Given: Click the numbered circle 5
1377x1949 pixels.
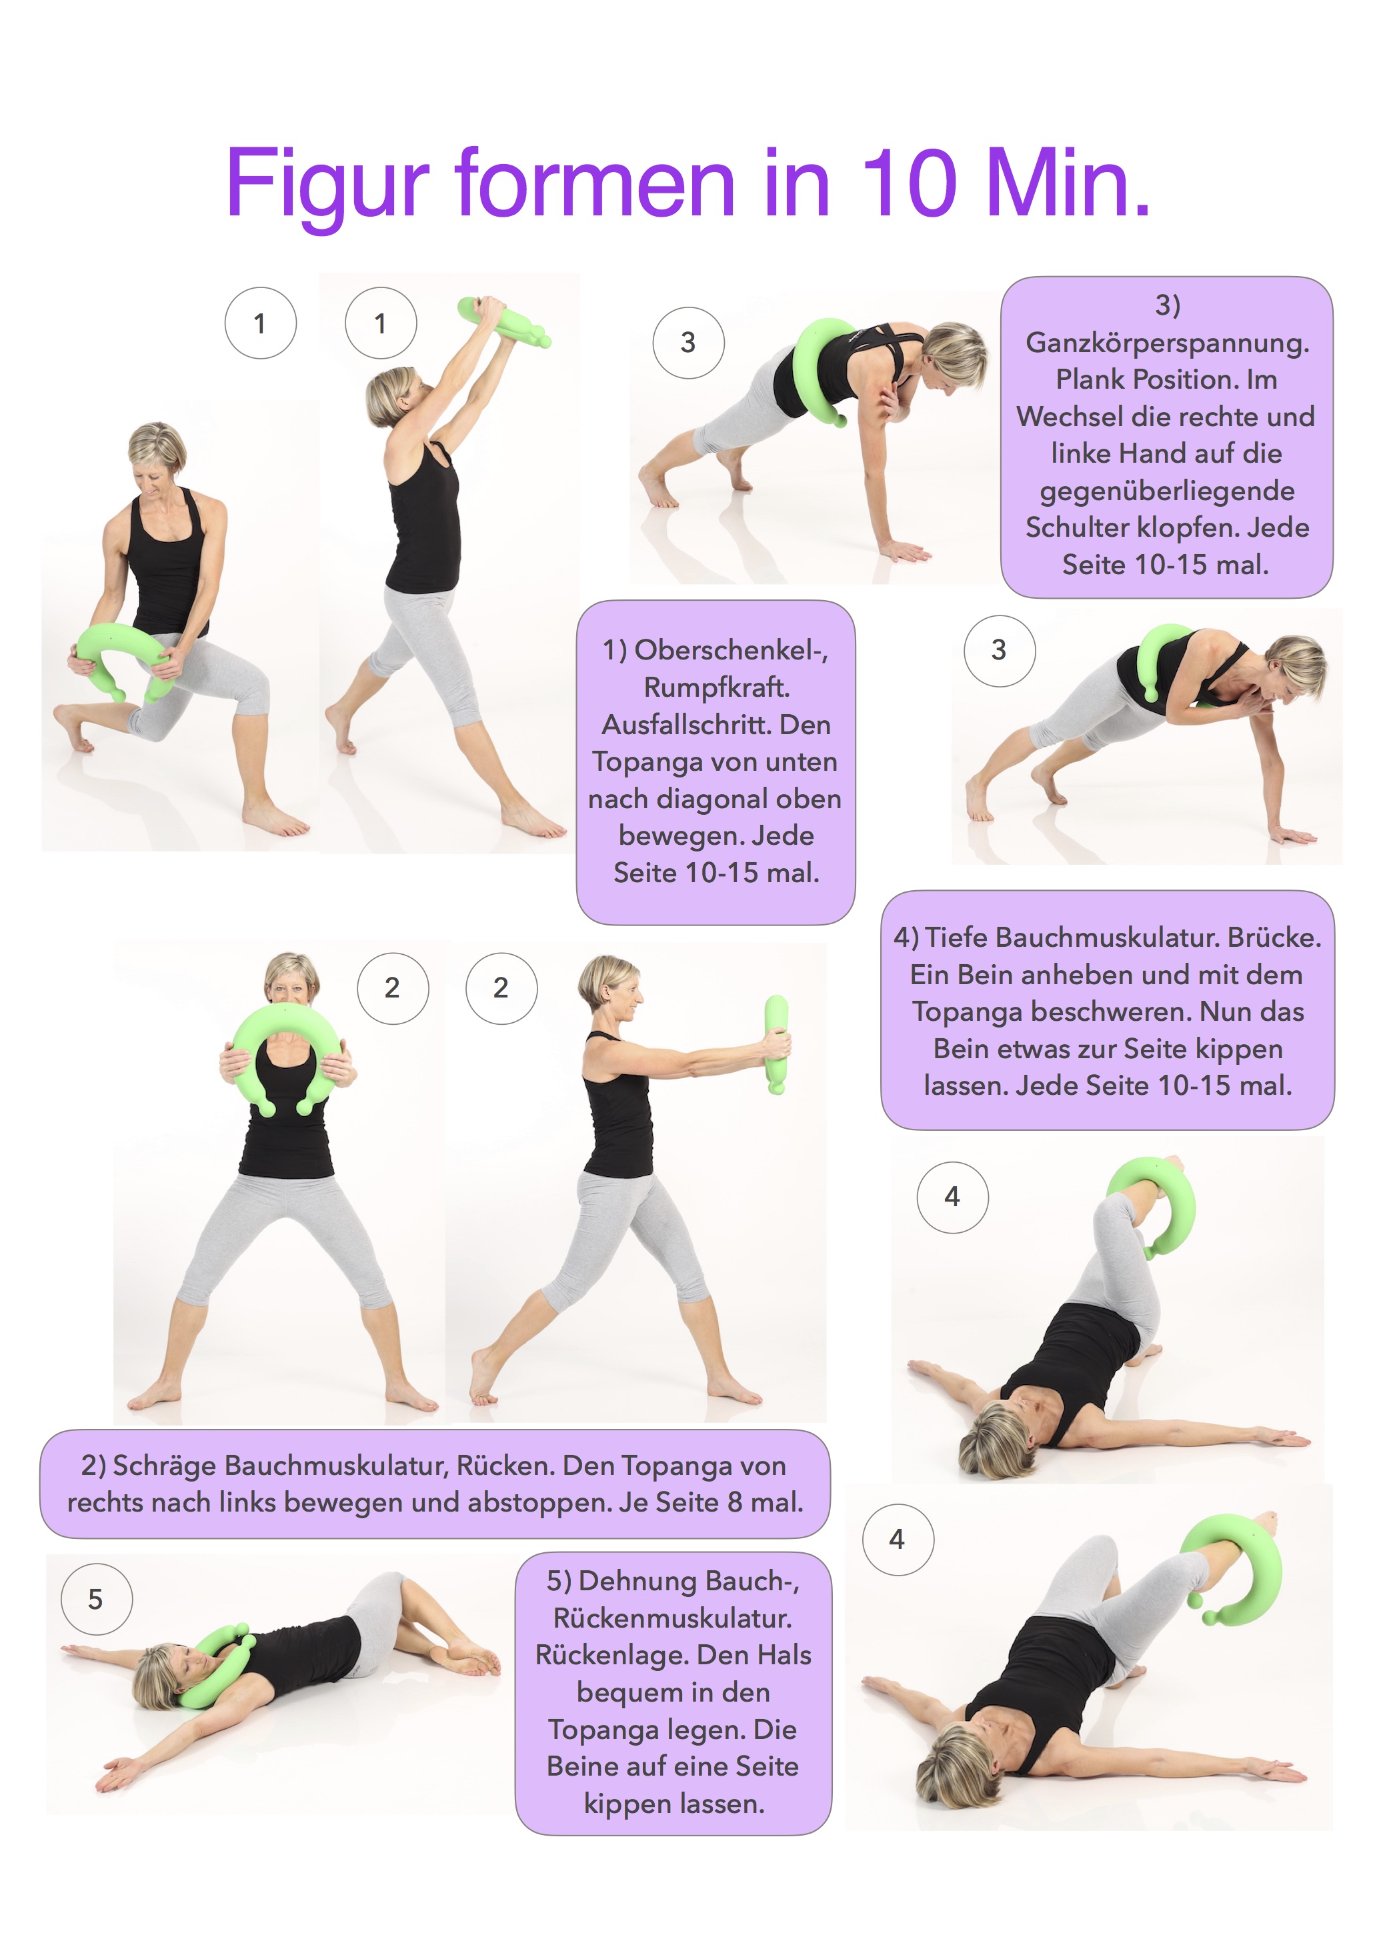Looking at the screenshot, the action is [x=96, y=1599].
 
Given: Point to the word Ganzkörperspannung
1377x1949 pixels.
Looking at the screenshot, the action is [x=1168, y=343].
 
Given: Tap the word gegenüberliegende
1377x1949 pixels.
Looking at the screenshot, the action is [x=1168, y=491].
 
